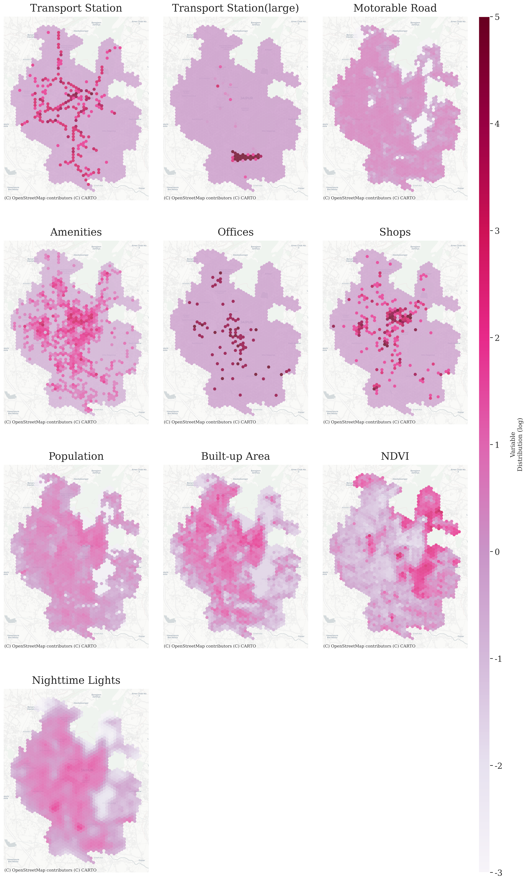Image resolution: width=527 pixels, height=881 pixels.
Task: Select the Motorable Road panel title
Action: click(395, 8)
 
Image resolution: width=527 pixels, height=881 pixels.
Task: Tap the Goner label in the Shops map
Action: click(461, 412)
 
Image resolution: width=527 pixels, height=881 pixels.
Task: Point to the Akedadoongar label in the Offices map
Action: click(240, 255)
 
